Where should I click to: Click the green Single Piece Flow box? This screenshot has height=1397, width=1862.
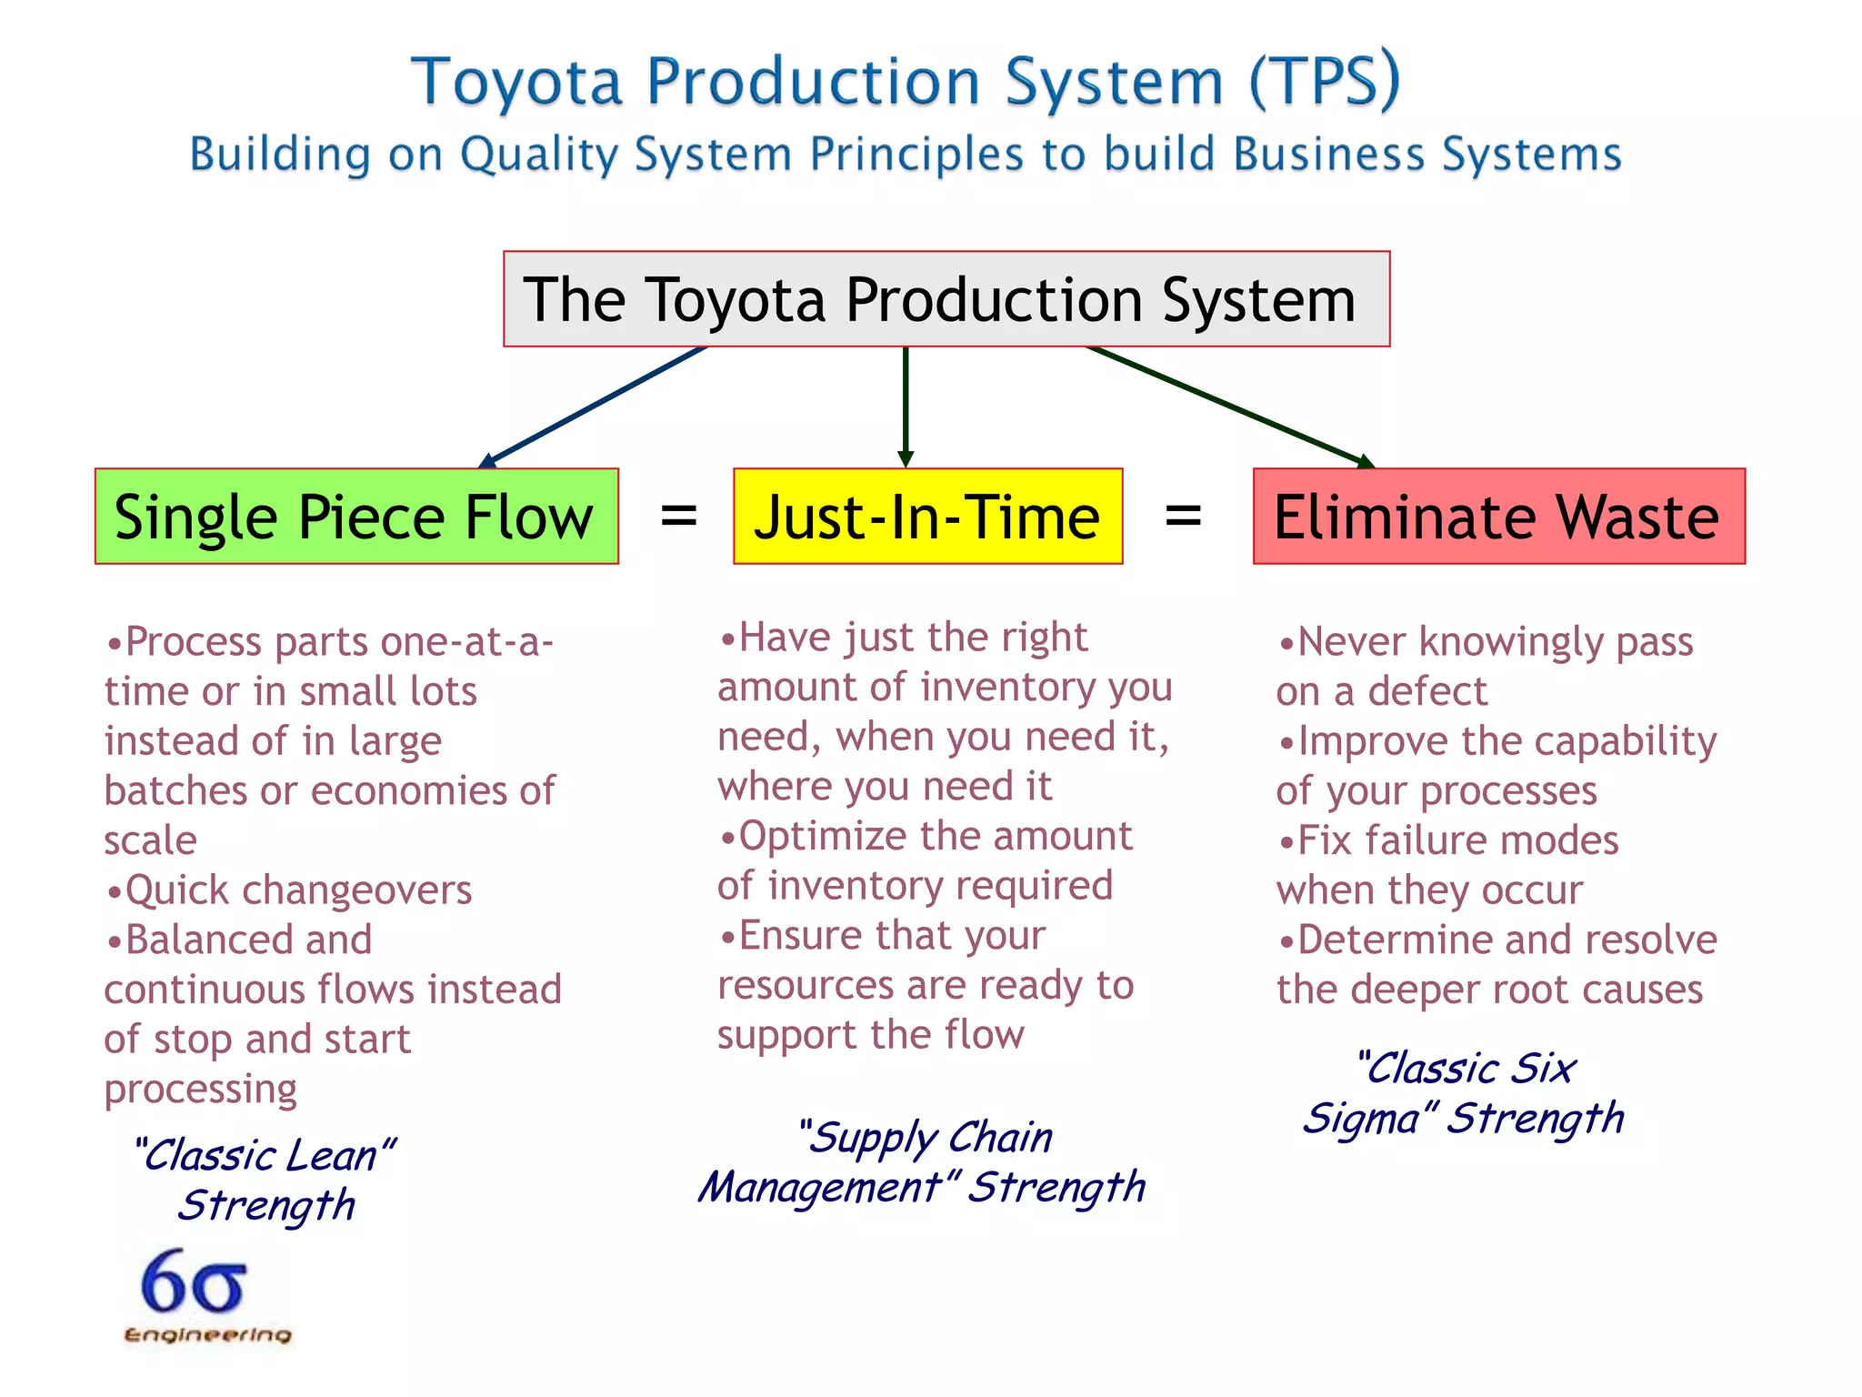[x=356, y=517]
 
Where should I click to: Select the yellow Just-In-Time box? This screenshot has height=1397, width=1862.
[x=927, y=517]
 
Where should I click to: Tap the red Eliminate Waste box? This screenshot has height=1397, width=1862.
[x=1498, y=517]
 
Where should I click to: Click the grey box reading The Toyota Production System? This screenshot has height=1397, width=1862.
[x=946, y=299]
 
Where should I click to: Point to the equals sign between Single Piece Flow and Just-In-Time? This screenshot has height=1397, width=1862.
[x=678, y=516]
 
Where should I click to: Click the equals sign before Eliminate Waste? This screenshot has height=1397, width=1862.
[x=1183, y=516]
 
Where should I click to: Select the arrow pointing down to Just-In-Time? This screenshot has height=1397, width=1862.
[x=906, y=405]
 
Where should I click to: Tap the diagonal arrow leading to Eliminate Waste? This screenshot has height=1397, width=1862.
[x=1227, y=406]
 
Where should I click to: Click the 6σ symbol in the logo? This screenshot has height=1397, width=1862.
[x=194, y=1282]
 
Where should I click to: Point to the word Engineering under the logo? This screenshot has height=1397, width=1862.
[x=207, y=1334]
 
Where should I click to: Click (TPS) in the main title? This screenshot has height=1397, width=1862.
[x=1324, y=82]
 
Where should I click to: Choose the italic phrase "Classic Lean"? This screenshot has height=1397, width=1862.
[x=264, y=1155]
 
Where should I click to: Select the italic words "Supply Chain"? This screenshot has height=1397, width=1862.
[x=926, y=1137]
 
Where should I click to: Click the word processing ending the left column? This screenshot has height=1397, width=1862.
[x=200, y=1089]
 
